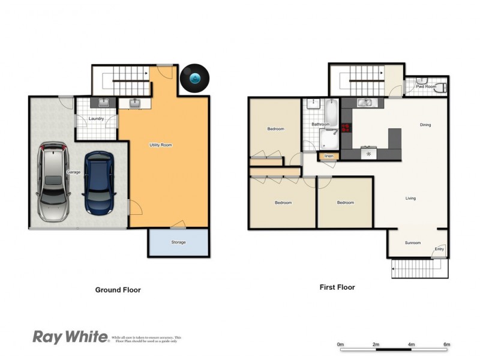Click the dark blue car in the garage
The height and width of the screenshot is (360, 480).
[98, 184]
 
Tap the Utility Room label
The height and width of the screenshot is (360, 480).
[161, 145]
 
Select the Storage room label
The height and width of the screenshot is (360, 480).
[178, 242]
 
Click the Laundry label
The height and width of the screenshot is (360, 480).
[97, 119]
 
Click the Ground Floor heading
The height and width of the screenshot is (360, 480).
[118, 290]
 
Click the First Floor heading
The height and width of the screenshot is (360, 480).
[337, 287]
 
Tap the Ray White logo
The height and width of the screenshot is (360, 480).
[70, 337]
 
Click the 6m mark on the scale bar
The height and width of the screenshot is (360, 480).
[446, 344]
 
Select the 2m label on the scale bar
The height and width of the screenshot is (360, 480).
[376, 344]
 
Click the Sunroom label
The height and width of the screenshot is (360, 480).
[413, 243]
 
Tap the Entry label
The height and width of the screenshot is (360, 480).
[439, 249]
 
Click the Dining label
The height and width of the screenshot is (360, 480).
[425, 125]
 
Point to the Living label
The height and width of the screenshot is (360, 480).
[411, 198]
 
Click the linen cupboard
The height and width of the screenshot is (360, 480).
[329, 157]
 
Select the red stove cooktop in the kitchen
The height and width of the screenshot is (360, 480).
[346, 127]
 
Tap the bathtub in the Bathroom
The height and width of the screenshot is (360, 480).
[331, 110]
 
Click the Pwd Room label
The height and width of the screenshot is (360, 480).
[426, 86]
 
